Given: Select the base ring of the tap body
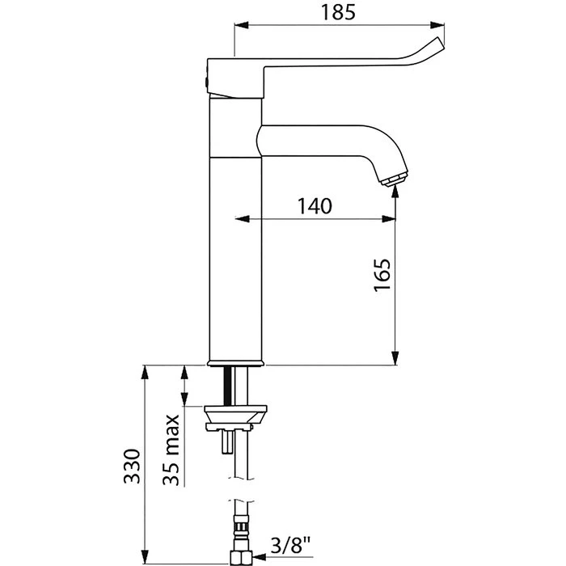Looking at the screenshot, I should click(x=236, y=362).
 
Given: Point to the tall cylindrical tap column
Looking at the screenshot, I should click(x=236, y=243).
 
